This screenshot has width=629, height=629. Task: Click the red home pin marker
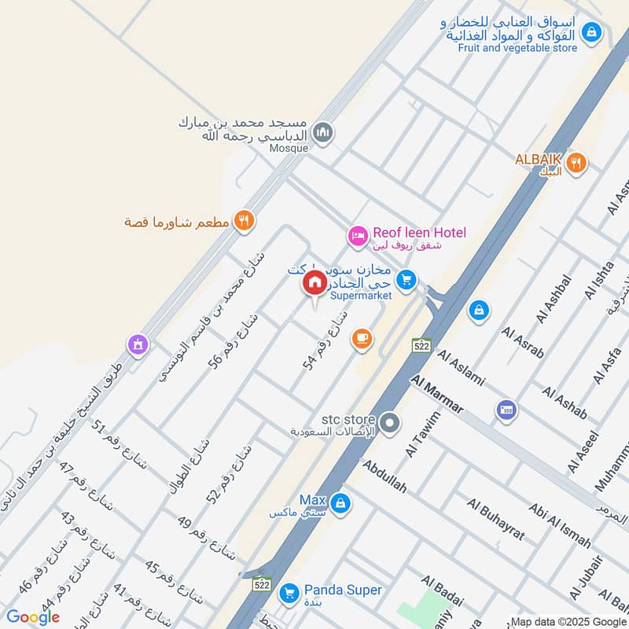click(x=314, y=284)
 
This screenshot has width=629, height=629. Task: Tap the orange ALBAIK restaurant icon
click(x=576, y=163)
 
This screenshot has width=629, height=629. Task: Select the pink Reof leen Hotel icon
click(x=358, y=235)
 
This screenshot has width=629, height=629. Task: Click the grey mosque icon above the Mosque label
click(x=322, y=133)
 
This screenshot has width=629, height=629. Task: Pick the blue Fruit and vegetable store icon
click(x=592, y=32)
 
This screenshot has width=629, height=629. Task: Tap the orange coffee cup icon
click(x=362, y=338)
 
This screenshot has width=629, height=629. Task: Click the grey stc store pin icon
click(x=389, y=425)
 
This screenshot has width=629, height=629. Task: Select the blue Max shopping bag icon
click(x=340, y=502)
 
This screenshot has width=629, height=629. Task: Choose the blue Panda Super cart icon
click(x=289, y=592)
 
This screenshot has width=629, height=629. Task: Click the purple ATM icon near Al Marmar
click(x=506, y=410)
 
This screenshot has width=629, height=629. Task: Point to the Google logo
click(x=33, y=617)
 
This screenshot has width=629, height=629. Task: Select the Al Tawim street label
click(x=423, y=435)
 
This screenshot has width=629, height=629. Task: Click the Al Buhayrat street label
click(x=495, y=518)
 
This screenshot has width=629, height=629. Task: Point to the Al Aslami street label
click(x=462, y=368)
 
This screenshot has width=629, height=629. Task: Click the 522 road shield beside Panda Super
click(x=263, y=584)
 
